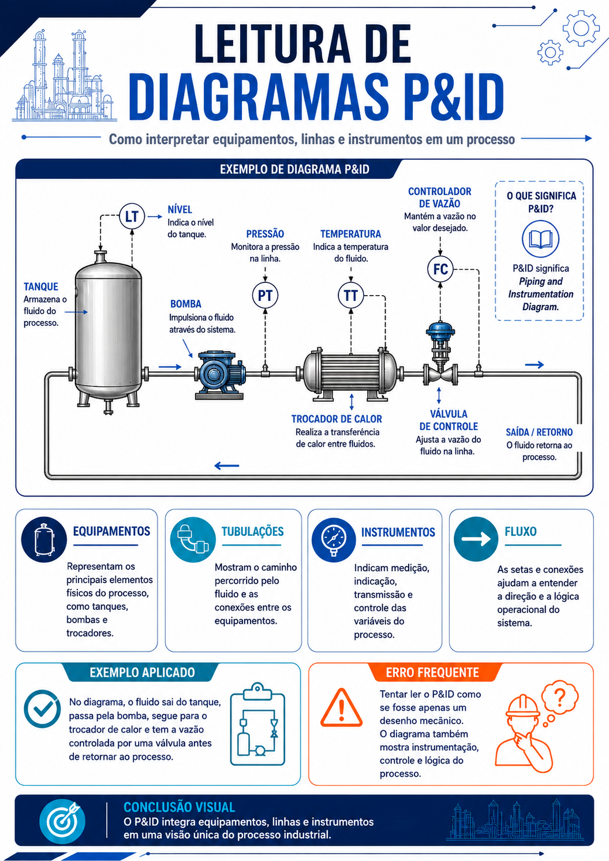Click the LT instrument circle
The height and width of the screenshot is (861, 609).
coord(132,217)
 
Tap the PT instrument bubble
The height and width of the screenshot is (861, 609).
coord(265,296)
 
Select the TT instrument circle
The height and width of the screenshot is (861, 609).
coord(351,296)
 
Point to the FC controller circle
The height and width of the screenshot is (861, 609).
coord(440,269)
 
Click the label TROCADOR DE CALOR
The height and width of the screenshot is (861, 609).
coord(337,419)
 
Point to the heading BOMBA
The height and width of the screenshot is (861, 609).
coord(185,304)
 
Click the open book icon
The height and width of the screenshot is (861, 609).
coord(541,239)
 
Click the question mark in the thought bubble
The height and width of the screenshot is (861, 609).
coord(560,695)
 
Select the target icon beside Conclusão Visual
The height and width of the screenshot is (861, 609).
coord(62,821)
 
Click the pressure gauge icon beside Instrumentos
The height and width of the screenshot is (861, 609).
coord(334,540)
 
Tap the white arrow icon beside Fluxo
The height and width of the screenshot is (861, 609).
coord(476,539)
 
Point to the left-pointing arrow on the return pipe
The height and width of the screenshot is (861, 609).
coord(227,466)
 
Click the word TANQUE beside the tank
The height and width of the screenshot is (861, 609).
coord(41,287)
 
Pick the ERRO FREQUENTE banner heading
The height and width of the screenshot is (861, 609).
coord(432,672)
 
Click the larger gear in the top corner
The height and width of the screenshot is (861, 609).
coord(581,28)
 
